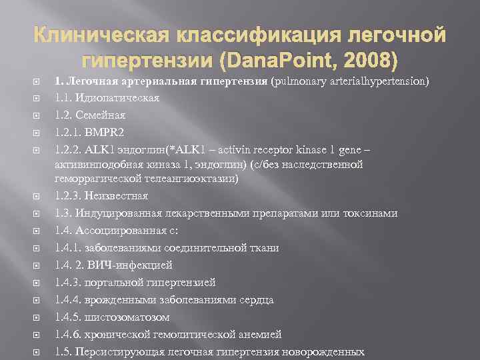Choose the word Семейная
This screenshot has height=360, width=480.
[x=101, y=115]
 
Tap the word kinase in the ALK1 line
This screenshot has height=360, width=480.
[x=295, y=148]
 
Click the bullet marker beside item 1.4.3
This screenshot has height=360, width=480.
[x=38, y=282]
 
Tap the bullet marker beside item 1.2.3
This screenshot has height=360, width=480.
[x=38, y=196]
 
